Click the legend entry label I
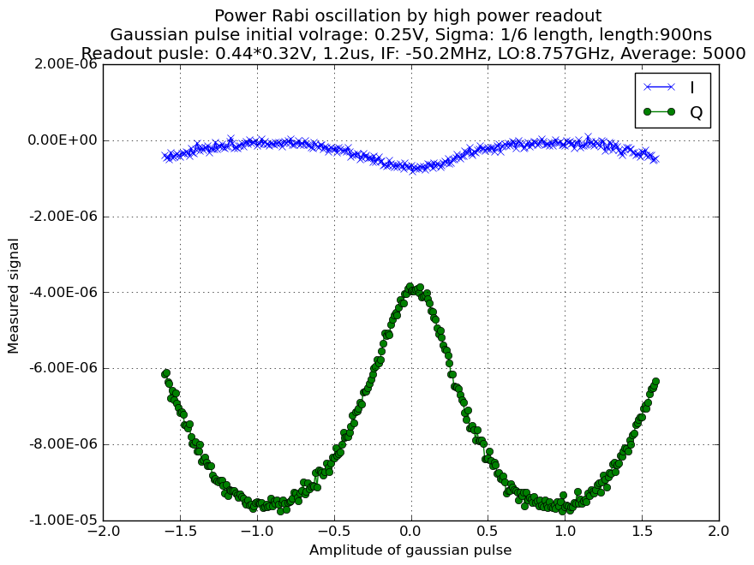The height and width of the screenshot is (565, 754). (692, 87)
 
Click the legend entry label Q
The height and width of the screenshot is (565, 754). (697, 112)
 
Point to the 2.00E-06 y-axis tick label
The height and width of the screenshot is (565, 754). (66, 64)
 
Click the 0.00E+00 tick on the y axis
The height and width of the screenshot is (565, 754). (63, 140)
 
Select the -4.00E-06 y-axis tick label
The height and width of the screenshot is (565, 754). (63, 292)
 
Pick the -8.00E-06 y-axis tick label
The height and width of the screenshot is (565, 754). (63, 444)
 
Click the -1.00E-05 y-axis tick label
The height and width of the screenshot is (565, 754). (63, 520)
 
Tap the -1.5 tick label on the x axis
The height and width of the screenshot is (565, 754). (180, 532)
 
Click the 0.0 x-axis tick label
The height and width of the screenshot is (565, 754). (411, 532)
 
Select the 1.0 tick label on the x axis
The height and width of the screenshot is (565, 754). (565, 532)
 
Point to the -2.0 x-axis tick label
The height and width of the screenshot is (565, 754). (104, 532)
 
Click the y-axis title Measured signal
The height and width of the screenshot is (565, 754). (13, 296)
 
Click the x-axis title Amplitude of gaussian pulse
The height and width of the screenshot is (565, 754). (410, 550)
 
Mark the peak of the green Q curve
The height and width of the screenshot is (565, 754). (410, 286)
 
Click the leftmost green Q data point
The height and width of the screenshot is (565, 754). (164, 374)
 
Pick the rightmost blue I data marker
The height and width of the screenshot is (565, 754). (655, 159)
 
